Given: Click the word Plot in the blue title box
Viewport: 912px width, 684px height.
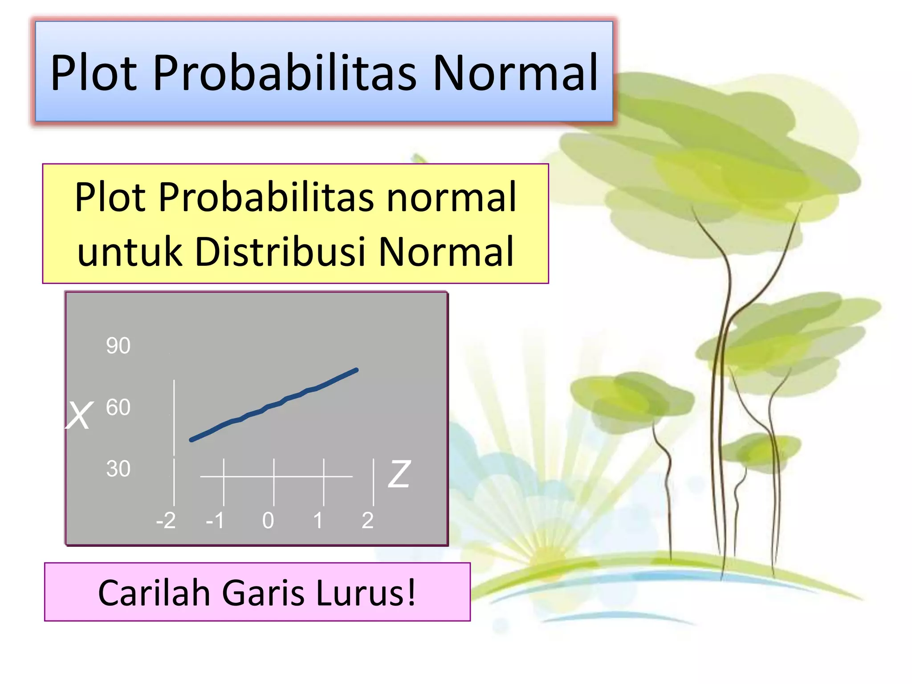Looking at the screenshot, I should [x=94, y=73].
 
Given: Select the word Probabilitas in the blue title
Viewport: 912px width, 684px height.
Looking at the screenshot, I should [x=285, y=73].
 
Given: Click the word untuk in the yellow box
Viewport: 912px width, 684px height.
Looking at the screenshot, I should [x=130, y=252].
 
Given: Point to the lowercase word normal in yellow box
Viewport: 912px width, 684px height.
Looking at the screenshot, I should [x=451, y=197].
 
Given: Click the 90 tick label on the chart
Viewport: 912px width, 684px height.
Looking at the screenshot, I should [x=118, y=346].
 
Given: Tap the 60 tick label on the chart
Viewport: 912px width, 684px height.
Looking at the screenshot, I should [x=118, y=407].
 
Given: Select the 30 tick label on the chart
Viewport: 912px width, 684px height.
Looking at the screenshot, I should [x=118, y=469].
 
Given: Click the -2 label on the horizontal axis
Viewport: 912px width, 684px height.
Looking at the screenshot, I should [x=166, y=520].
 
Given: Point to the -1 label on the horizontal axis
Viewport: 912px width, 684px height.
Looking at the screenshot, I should [x=215, y=520].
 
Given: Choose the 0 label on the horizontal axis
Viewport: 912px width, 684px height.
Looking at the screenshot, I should [x=268, y=520].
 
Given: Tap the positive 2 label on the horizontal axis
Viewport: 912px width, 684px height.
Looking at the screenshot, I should [x=367, y=520].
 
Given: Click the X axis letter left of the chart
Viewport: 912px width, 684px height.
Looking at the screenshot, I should [x=79, y=416].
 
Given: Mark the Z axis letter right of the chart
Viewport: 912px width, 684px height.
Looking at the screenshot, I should [x=399, y=474].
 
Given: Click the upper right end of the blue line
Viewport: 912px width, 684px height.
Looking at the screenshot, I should [x=356, y=370].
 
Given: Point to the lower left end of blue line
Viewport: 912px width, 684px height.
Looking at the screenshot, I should [x=192, y=440].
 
